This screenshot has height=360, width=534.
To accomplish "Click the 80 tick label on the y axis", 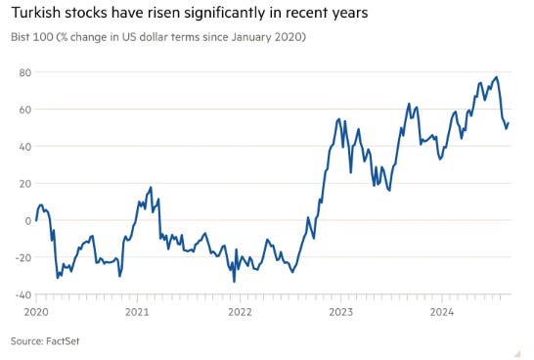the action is coord(25,72).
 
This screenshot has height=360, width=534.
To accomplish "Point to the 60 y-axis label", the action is coord(25,110).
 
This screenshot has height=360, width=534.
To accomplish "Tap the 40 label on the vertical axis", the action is coord(25,147).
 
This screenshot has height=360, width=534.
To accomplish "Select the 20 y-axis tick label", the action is coord(25,184).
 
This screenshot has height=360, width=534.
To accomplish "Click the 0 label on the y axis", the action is coord(28,221).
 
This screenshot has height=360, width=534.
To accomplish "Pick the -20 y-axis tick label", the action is coord(23,258).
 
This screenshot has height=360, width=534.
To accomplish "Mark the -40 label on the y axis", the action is coord(23,294).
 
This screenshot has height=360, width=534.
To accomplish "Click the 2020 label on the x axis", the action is coord(36,312).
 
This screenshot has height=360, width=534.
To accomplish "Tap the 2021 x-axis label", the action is coord(137,312).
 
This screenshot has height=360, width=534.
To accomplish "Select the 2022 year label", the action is coord(240,312).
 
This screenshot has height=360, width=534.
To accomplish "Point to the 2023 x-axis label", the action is coord(341,312).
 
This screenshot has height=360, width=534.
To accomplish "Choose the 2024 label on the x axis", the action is coord(442,312).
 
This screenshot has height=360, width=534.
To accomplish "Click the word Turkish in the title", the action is coord(36,13).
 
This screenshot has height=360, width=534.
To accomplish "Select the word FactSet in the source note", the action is coord(63,341).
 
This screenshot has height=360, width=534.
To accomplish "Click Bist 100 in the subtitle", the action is coord(32,37).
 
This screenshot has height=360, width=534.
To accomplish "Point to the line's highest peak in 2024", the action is coord(496,77).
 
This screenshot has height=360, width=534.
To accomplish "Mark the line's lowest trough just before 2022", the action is coord(234,282).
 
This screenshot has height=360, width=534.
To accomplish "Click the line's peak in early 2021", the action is coord(151,187).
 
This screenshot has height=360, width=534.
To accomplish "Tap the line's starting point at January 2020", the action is coord(36,220).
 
